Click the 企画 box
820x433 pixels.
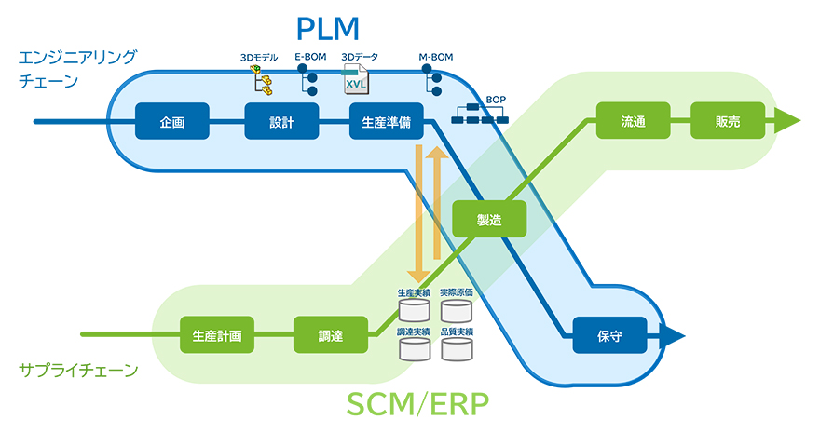pos(172,121)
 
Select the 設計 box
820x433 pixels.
pos(281,121)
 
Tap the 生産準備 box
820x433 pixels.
pos(387,121)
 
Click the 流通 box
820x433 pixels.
pos(633,121)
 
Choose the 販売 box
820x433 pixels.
pos(728,121)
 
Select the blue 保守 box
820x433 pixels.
pos(609,334)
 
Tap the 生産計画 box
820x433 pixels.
pos(217,334)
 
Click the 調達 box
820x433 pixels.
pos(331,334)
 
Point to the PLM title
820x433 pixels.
pos(327,28)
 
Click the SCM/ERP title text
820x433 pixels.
pos(417,404)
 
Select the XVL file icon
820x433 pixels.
pos(355,81)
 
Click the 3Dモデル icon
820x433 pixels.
pos(262,82)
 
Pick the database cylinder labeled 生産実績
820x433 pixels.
pos(414,310)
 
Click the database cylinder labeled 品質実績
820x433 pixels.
pos(457,349)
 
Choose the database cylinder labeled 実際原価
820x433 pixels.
pos(457,310)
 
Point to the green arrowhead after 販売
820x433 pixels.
pos(787,121)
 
